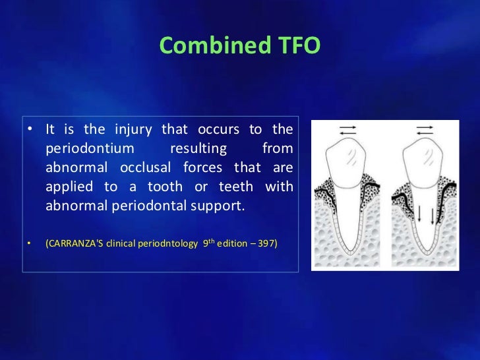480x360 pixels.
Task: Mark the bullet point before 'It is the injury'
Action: pyautogui.click(x=30, y=130)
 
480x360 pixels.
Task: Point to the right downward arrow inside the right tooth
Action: pyautogui.click(x=433, y=215)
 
